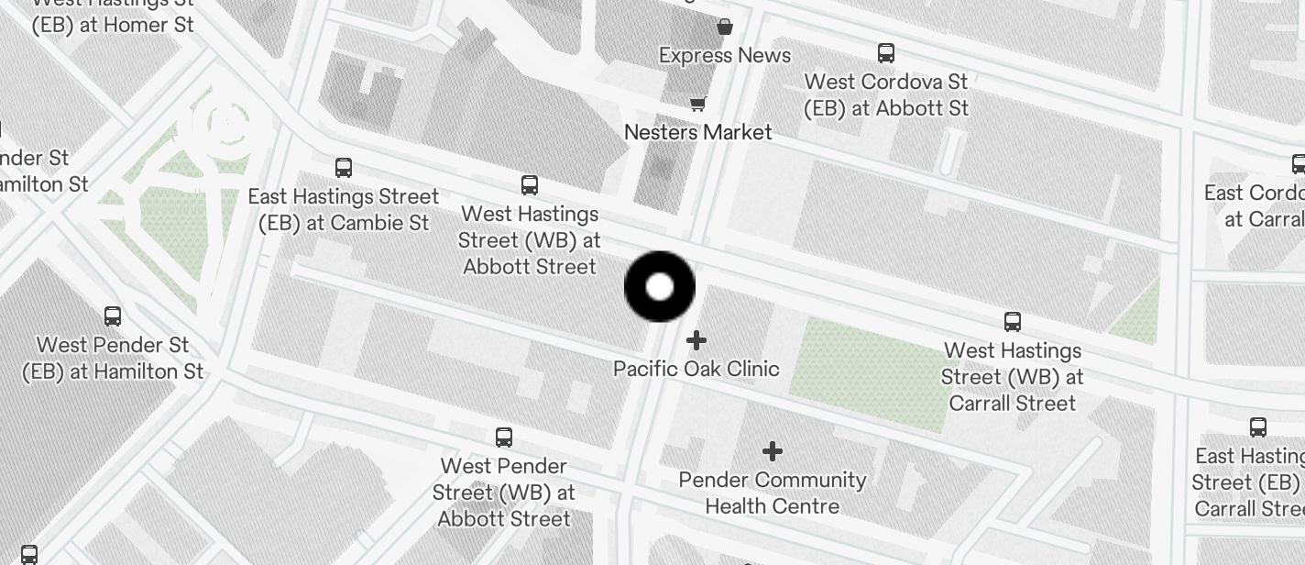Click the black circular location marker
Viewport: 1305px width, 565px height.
coord(660,287)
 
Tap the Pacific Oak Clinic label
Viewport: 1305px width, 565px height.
coord(696,369)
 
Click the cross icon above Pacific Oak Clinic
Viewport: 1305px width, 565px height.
coord(696,340)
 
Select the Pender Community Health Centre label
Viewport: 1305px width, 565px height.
coord(773,493)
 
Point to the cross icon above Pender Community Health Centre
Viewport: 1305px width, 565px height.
coord(773,451)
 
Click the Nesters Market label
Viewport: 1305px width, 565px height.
coord(698,132)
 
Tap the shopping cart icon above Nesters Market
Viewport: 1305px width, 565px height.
coord(698,104)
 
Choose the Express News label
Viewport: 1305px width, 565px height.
coord(725,55)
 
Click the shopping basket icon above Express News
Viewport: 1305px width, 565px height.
coord(725,27)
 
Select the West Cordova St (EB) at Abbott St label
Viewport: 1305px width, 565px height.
coord(886,94)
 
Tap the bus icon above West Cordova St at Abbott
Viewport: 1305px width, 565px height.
coord(886,52)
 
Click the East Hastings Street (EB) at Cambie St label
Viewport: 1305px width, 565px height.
coord(344,209)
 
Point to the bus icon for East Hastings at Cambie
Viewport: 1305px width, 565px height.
coord(344,168)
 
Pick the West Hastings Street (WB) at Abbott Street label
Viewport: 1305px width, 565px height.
coord(530,239)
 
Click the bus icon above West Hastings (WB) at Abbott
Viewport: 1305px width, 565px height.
coord(530,185)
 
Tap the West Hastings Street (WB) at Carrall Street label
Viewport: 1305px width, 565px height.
coord(1013,376)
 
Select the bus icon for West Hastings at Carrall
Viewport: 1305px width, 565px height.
coord(1013,322)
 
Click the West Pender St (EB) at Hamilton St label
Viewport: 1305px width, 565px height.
coord(113,358)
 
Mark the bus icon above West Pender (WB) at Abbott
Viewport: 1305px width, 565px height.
coord(504,438)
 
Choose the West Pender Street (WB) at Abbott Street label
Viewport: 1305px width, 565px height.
coord(504,493)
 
